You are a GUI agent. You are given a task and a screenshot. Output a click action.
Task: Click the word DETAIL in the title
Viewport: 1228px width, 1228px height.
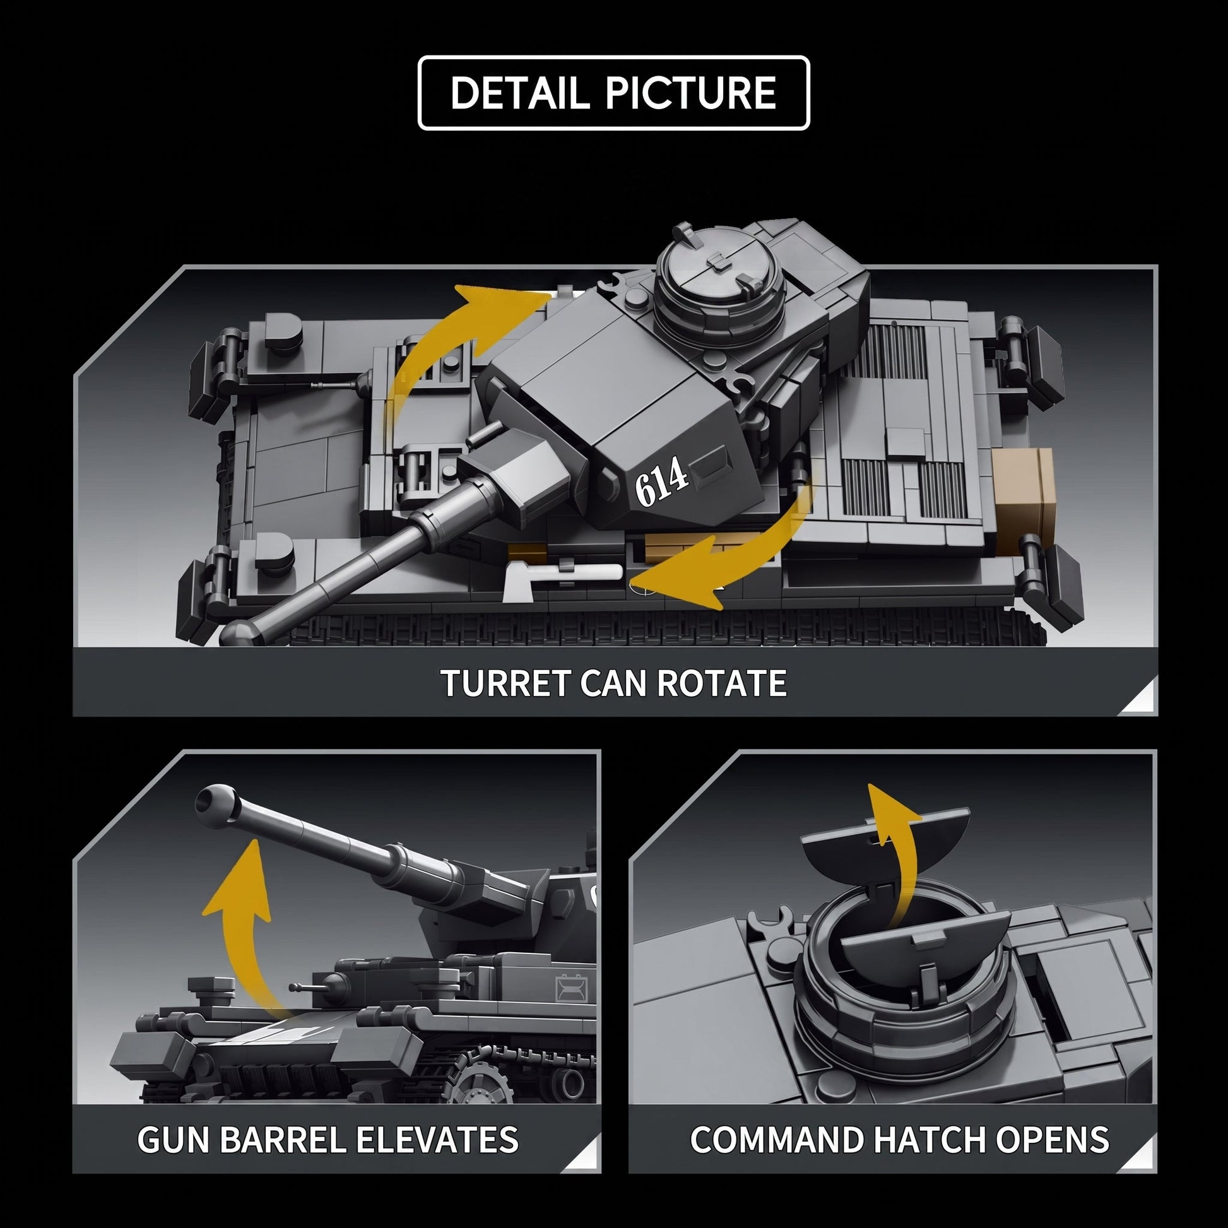tap(519, 93)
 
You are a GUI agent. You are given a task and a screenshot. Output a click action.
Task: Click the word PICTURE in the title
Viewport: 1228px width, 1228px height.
tap(691, 93)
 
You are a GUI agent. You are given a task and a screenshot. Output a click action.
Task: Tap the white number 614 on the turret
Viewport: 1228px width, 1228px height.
tap(661, 481)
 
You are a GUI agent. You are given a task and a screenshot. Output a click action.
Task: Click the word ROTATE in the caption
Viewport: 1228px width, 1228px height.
tap(721, 683)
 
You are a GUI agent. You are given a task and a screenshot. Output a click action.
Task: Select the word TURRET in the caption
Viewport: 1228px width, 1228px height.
tap(505, 683)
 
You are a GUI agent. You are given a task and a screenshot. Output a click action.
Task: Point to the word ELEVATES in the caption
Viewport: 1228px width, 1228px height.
tap(437, 1140)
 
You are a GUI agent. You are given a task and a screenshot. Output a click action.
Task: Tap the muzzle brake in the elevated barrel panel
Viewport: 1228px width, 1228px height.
tap(216, 806)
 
